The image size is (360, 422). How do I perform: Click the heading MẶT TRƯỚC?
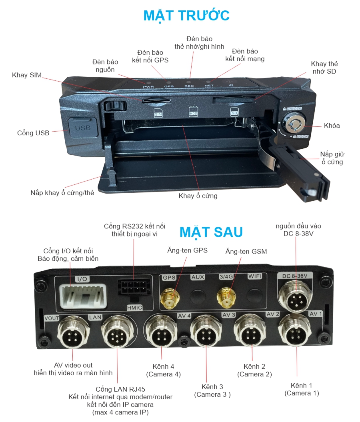[186, 15]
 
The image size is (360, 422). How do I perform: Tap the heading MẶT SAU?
[211, 232]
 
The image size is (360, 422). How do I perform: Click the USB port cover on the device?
[83, 128]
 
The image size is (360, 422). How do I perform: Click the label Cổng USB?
[33, 133]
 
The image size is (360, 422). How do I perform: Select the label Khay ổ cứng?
[198, 196]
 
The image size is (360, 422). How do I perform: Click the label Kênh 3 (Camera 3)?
[212, 390]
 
